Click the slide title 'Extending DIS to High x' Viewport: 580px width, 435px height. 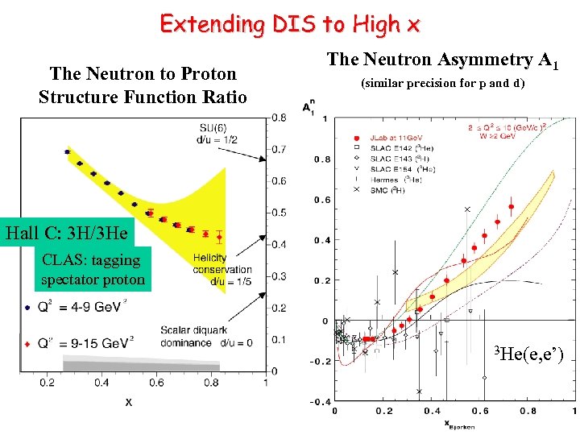tap(289, 24)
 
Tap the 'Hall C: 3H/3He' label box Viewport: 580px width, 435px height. tap(67, 234)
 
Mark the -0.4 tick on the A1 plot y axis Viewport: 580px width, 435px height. tap(321, 401)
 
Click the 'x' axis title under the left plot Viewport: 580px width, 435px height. tap(128, 400)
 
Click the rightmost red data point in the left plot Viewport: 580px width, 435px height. tap(219, 238)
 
